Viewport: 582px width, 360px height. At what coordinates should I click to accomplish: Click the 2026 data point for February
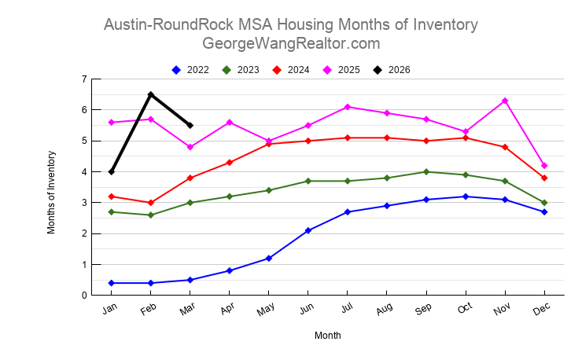coord(151,94)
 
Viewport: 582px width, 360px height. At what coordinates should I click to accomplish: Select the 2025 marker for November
coord(505,101)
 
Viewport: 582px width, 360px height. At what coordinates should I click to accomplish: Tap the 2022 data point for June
coord(308,230)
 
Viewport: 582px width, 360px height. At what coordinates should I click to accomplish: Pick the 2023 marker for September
coord(426,171)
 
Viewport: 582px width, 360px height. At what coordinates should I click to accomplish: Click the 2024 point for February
coord(151,203)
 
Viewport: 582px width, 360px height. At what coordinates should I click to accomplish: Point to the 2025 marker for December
coord(544,166)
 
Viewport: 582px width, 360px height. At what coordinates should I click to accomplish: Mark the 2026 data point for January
coord(112,171)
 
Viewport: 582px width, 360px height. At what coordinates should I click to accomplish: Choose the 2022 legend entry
coord(190,70)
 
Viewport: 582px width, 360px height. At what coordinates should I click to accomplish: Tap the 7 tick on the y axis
coord(83,79)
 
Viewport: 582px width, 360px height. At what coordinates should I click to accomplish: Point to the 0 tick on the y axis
coord(83,296)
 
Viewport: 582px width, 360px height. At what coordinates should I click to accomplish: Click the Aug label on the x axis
coord(385,310)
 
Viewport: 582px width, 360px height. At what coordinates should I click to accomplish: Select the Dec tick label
coord(542,310)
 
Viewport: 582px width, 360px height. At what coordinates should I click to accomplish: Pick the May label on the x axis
coord(266,311)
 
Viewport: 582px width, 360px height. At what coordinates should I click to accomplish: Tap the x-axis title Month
coord(328,336)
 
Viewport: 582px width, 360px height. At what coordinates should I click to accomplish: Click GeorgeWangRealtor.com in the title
coord(291,43)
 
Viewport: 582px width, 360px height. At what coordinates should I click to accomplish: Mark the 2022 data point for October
coord(466,197)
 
